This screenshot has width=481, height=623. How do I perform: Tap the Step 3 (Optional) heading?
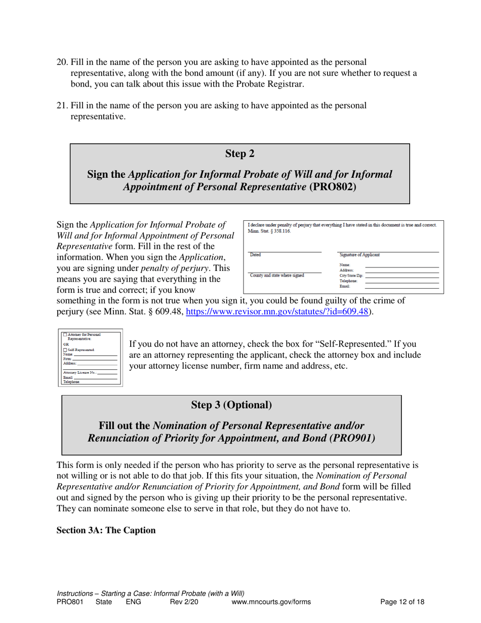231,405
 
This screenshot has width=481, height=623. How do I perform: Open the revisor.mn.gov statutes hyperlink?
277,312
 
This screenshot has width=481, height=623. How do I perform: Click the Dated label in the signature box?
256,255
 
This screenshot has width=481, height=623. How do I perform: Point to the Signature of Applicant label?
359,255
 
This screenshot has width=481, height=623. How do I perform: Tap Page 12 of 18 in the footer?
402,602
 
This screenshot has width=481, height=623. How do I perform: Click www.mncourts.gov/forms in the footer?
271,602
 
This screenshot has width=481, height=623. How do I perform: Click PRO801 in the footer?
70,602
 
